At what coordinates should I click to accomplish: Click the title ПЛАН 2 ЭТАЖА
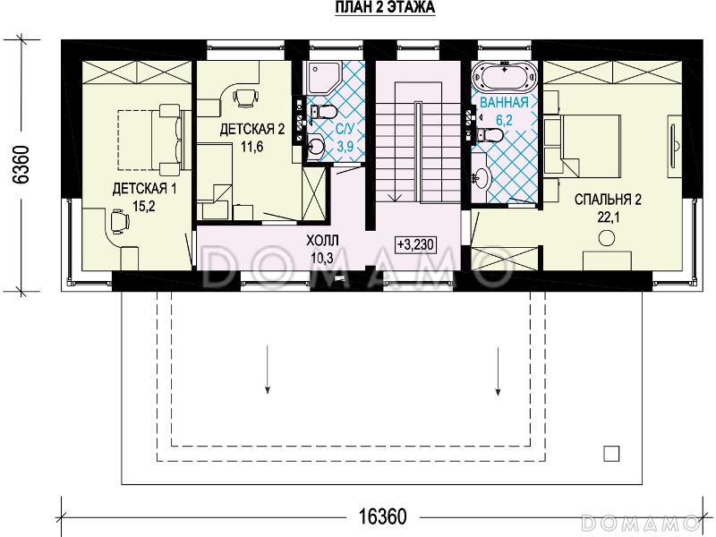385,8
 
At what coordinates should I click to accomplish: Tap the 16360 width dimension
382,517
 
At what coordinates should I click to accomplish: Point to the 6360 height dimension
21,165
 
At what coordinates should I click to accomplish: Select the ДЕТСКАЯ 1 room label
144,188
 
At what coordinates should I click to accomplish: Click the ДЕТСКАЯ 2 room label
252,129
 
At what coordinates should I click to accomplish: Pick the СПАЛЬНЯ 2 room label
608,200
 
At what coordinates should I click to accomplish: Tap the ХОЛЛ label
322,240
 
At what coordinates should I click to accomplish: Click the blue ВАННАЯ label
504,102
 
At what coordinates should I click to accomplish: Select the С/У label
345,129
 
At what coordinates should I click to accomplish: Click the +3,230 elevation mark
415,244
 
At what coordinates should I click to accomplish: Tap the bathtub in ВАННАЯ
504,76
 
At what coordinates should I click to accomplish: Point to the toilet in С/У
323,111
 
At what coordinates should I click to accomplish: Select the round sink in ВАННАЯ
482,175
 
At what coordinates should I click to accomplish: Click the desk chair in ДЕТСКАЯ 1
119,221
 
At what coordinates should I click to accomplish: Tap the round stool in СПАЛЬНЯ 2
607,237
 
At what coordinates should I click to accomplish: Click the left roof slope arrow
267,370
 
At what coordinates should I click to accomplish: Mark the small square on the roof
611,454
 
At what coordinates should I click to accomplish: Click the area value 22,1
608,217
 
